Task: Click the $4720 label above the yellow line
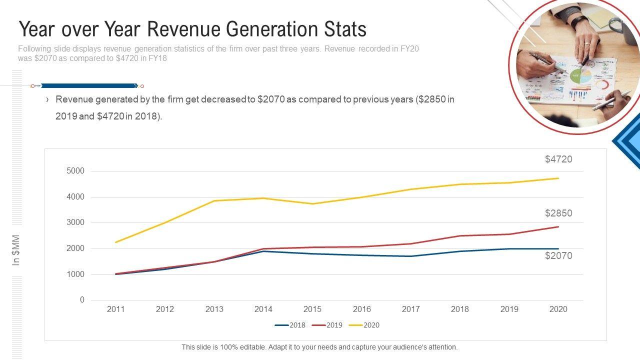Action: pos(558,159)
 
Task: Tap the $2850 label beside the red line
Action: pos(558,213)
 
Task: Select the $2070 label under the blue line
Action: pos(558,256)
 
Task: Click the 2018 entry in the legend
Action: pos(290,325)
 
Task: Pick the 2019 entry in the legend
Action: pos(327,325)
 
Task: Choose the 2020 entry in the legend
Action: pos(364,325)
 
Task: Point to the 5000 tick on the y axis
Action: pos(75,171)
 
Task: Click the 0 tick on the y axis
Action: pos(82,300)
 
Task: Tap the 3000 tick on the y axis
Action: pos(75,222)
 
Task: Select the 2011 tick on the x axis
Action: pos(115,309)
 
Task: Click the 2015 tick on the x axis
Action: pos(312,309)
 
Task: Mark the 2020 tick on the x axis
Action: pos(558,309)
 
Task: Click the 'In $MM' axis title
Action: pos(16,250)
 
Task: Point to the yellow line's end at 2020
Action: pos(558,178)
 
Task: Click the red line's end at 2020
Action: pos(558,227)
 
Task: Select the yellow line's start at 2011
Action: pos(115,242)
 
